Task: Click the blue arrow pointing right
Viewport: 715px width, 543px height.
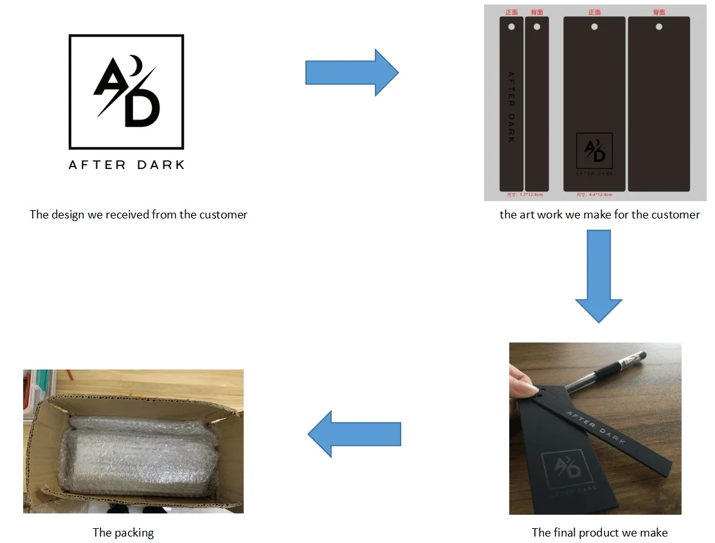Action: (x=351, y=73)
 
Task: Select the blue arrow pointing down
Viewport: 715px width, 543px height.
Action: (x=599, y=276)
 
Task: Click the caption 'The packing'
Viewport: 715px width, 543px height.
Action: (x=123, y=533)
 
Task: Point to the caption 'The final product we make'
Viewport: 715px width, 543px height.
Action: (x=599, y=533)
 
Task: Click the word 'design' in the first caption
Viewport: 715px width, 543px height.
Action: (x=65, y=215)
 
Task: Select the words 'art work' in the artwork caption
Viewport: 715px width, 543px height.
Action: (x=542, y=215)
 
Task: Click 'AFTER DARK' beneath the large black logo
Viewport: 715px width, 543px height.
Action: (x=127, y=165)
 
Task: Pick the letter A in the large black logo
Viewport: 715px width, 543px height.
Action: (x=110, y=80)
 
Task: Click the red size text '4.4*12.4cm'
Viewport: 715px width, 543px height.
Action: (x=598, y=194)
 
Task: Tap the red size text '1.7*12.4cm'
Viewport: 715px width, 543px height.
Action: (x=529, y=194)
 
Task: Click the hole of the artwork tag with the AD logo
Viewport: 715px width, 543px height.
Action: (x=594, y=27)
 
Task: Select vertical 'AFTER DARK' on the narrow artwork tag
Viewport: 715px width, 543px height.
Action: (x=511, y=107)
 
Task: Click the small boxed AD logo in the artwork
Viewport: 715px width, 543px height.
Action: (x=594, y=150)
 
